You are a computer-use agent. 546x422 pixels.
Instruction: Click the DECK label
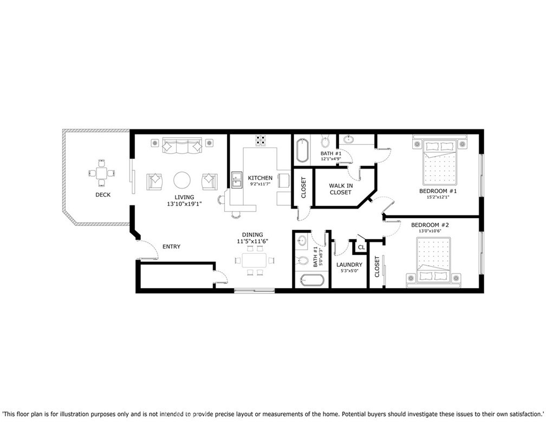point(103,195)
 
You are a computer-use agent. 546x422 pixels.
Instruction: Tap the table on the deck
point(102,172)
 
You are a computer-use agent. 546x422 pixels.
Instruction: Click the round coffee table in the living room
point(182,180)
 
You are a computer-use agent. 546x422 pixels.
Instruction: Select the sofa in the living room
point(182,146)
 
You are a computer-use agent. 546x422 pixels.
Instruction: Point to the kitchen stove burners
point(260,140)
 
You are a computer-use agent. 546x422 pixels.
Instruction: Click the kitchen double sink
point(237,180)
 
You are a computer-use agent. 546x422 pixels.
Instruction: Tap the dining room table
point(255,260)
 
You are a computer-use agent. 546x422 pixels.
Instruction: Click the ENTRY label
point(172,247)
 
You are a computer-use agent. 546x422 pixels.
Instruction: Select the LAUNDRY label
point(349,265)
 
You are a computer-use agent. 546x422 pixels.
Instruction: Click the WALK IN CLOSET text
point(341,189)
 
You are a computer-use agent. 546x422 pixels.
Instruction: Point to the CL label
point(361,248)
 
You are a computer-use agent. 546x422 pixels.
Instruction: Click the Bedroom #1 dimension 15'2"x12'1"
point(438,197)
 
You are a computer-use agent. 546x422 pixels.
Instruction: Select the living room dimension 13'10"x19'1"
point(184,204)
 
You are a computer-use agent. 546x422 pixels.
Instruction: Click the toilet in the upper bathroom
point(325,141)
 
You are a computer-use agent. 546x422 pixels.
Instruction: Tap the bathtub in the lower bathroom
point(313,280)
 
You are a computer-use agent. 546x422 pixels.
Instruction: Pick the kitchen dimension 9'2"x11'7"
point(260,184)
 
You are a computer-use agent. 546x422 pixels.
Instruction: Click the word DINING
point(252,235)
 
